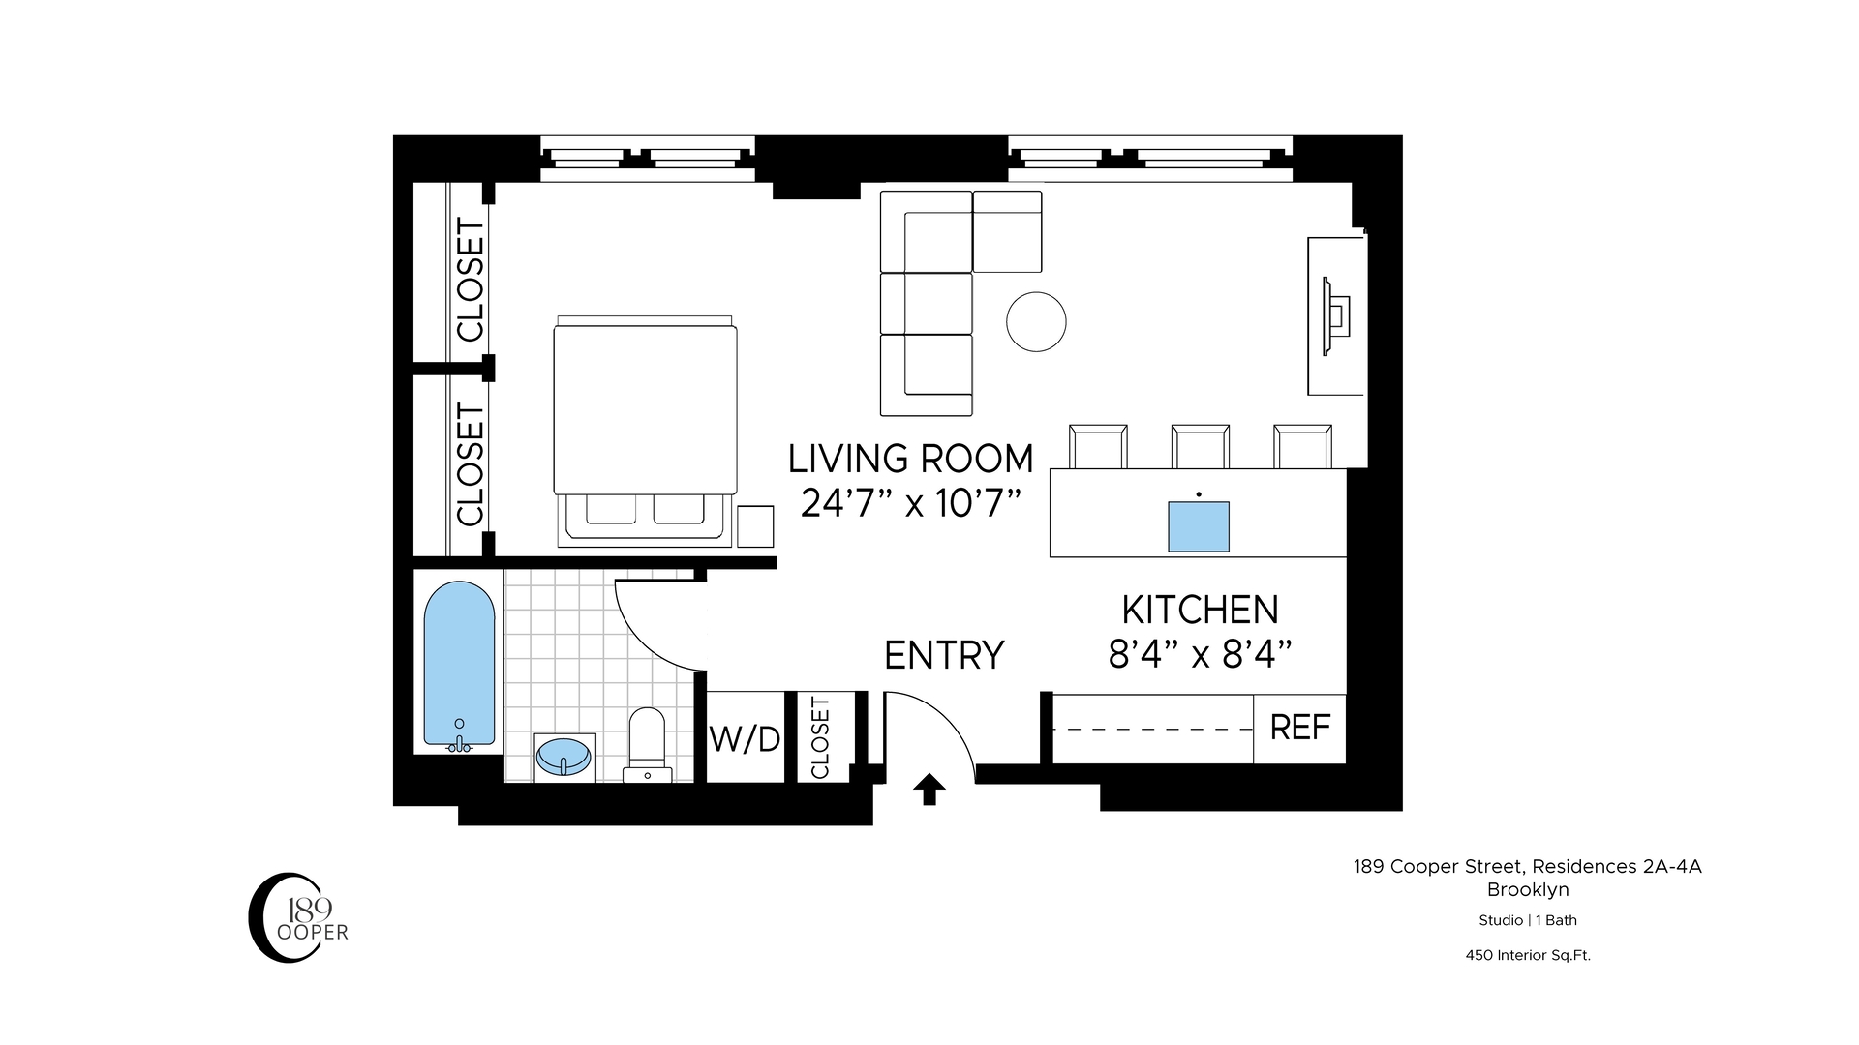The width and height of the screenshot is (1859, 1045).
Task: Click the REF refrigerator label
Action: (x=1299, y=728)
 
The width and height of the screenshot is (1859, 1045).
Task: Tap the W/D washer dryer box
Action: (x=745, y=739)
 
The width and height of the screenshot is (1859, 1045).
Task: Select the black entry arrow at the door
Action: (x=929, y=790)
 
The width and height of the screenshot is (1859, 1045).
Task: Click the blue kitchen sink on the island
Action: (x=1199, y=526)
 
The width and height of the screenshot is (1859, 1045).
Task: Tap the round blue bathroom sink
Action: (x=564, y=757)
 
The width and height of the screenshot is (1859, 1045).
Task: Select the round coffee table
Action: (x=1036, y=322)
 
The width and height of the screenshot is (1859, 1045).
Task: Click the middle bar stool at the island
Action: (x=1201, y=446)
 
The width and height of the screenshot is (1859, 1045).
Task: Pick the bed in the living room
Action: (x=645, y=426)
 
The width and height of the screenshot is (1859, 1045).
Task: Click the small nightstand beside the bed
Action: (x=755, y=526)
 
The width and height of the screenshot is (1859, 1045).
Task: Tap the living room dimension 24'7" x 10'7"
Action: (x=911, y=503)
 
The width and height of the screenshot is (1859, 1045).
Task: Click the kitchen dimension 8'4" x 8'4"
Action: (x=1201, y=656)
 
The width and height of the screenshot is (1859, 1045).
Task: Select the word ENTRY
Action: (x=944, y=655)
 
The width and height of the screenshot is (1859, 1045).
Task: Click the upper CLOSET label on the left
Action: (x=471, y=281)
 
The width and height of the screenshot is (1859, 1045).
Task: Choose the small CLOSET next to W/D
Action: (x=821, y=737)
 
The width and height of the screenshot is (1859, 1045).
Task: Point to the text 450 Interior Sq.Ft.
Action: (x=1528, y=955)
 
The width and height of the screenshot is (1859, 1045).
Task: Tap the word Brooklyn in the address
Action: (x=1528, y=890)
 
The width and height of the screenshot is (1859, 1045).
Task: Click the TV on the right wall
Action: (x=1338, y=315)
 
